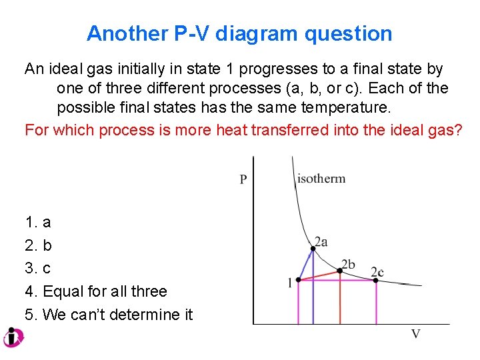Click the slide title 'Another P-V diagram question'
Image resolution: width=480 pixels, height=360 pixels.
[239, 33]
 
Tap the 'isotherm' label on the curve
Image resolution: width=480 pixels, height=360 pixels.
[321, 179]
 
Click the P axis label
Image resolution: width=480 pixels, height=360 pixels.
[243, 179]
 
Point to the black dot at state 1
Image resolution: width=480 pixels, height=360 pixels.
[298, 280]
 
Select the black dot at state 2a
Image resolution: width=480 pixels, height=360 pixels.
[313, 249]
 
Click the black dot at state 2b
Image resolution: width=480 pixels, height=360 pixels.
[340, 270]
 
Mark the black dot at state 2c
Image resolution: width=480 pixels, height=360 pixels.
[375, 280]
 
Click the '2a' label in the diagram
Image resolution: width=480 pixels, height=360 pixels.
[321, 242]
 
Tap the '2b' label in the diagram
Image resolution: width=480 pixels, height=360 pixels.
[348, 265]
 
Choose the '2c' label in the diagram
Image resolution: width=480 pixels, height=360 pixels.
[377, 272]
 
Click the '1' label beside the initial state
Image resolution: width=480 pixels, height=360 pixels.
[289, 283]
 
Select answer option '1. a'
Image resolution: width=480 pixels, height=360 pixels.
[38, 222]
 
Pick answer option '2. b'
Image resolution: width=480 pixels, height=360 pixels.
[38, 245]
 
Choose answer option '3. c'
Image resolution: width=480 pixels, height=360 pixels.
[38, 268]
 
